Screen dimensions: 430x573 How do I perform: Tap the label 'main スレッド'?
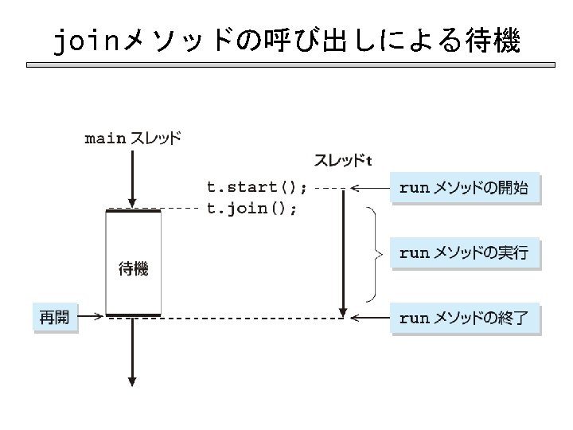point(133,139)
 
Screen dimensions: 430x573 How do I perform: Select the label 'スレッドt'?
point(343,161)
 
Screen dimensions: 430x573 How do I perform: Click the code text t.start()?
point(256,188)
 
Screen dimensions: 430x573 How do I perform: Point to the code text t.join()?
point(252,209)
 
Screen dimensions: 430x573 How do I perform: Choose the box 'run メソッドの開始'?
point(466,189)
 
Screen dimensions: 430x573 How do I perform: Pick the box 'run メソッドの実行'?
point(466,254)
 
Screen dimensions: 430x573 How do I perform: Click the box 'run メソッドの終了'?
point(466,319)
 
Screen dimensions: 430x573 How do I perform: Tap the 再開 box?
point(55,318)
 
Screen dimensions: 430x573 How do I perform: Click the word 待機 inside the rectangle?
point(133,269)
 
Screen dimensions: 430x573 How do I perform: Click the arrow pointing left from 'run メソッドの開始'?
point(369,189)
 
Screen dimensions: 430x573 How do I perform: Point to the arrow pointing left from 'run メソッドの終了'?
point(369,319)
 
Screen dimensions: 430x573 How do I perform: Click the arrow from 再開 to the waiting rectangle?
point(92,317)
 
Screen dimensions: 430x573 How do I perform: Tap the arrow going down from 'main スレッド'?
point(133,175)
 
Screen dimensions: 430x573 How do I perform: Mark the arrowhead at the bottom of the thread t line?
point(343,311)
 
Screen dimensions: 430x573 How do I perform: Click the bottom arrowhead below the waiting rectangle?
point(133,378)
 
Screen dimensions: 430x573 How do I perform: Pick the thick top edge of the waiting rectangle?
point(133,210)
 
